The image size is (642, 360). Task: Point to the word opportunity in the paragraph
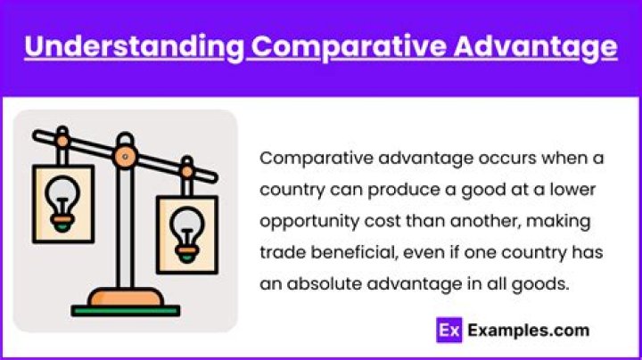tap(302, 220)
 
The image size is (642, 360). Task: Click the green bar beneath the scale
tap(126, 311)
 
